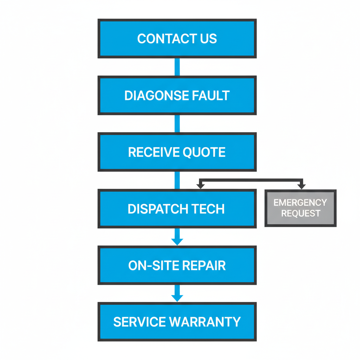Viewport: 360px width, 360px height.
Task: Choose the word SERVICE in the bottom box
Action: tap(139, 322)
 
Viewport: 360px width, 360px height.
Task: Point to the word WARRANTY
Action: tap(205, 322)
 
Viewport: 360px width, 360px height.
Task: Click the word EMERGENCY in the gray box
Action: tap(300, 202)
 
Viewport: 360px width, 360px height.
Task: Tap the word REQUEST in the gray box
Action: tap(300, 213)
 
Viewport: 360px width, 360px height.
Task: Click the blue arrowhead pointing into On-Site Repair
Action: tap(177, 242)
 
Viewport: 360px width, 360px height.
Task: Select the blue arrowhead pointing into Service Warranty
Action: tap(177, 298)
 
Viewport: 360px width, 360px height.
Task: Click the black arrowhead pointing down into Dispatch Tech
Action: tap(200, 186)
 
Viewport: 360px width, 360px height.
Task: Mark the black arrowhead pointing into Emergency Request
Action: tap(301, 186)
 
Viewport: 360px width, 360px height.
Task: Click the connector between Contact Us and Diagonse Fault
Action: tap(177, 67)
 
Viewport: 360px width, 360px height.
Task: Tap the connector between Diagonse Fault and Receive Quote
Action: tap(177, 123)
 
